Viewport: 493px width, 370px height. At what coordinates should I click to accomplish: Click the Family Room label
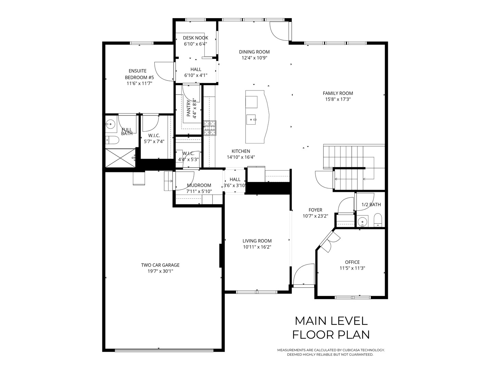click(338, 93)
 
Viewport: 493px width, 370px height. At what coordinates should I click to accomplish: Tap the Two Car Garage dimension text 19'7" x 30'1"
click(160, 271)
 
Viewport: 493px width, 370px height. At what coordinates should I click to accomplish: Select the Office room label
click(352, 262)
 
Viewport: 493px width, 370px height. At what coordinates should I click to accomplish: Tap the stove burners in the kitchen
click(210, 128)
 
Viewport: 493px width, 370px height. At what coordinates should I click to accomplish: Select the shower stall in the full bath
click(120, 158)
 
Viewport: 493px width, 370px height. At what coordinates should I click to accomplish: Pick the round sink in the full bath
click(110, 124)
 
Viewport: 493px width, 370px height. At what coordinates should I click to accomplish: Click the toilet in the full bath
click(112, 140)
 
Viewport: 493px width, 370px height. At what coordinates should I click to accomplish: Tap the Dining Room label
click(254, 52)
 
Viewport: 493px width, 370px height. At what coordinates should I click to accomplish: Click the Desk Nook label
click(195, 38)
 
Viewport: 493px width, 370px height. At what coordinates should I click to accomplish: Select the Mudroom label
click(199, 185)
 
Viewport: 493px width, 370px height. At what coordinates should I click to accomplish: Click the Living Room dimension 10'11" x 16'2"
click(257, 247)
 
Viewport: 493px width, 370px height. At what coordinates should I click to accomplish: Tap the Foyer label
click(315, 210)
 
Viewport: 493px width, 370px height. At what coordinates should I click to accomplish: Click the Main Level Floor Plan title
click(331, 328)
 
